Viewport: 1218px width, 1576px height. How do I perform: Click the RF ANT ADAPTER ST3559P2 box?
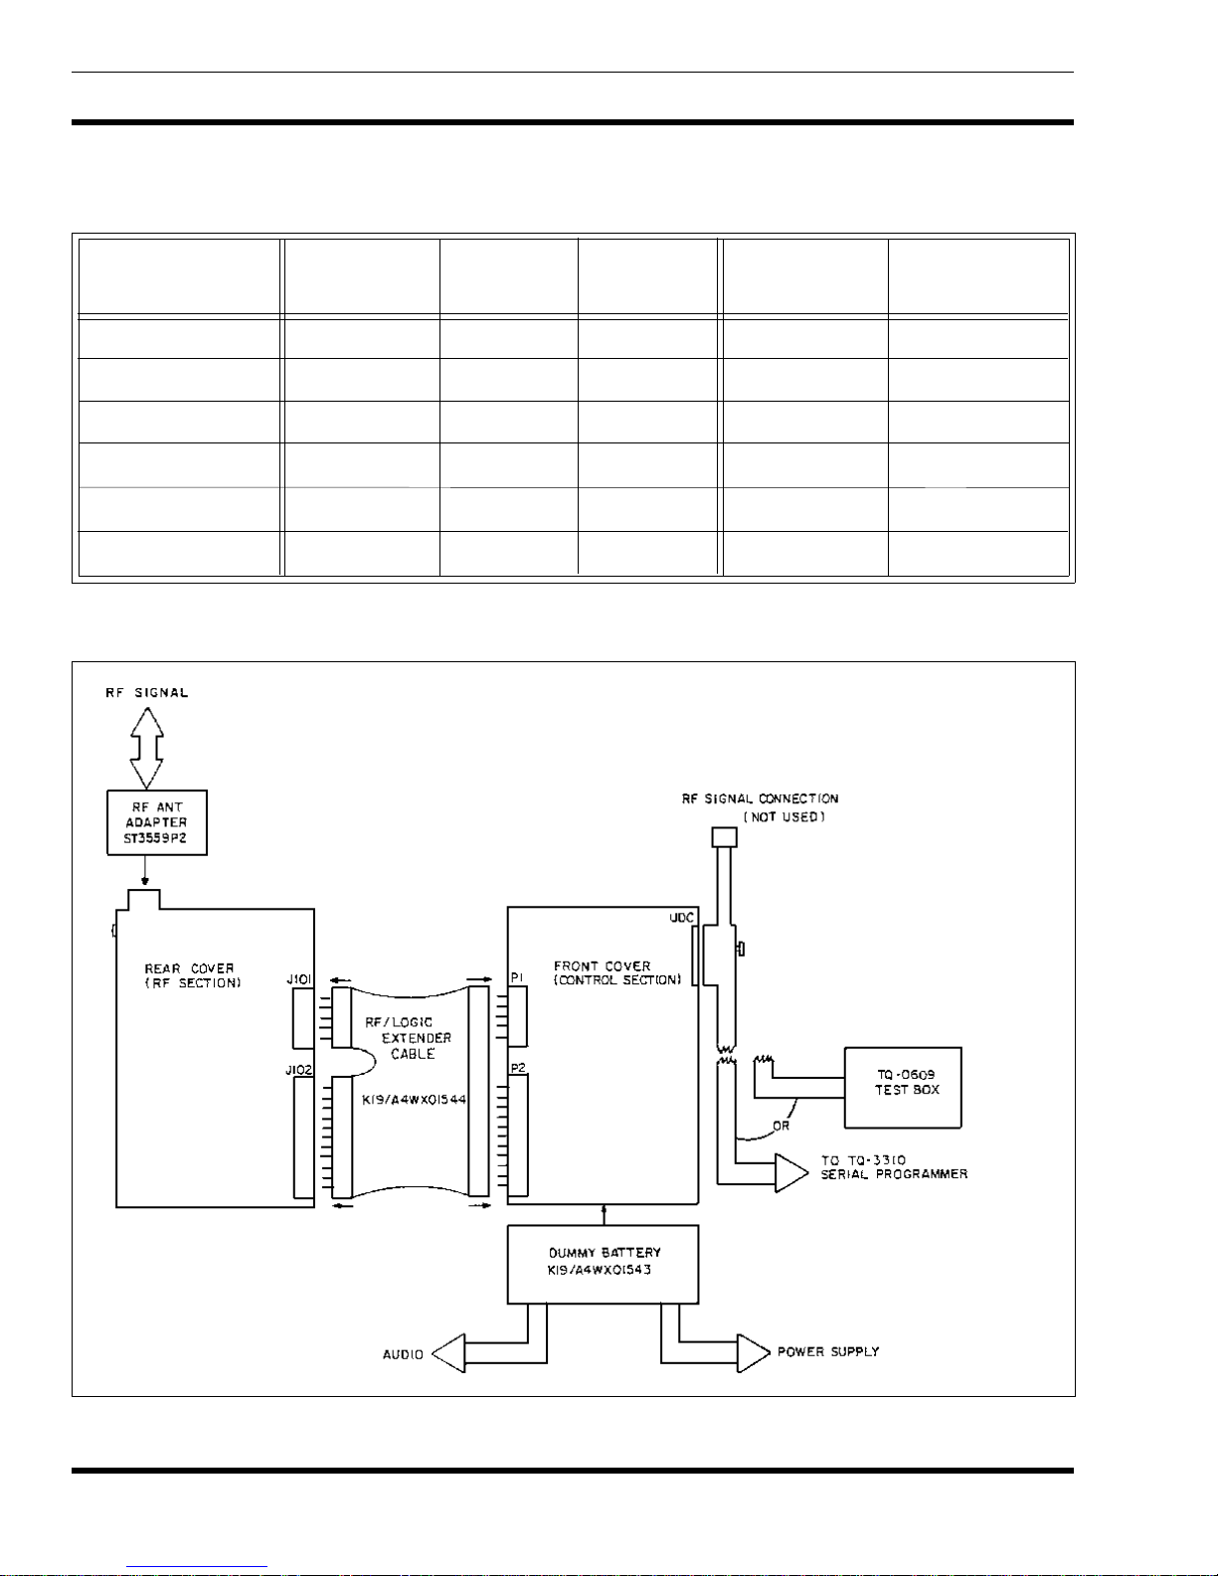click(157, 822)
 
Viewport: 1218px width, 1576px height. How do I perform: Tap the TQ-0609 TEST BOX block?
click(903, 1087)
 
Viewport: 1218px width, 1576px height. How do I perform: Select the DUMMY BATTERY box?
click(603, 1264)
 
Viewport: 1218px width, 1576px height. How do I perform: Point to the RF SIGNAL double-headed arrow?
click(146, 748)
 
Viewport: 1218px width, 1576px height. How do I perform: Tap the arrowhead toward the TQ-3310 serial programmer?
click(791, 1172)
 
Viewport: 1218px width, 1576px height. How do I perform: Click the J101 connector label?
click(298, 979)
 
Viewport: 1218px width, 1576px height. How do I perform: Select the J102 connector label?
click(298, 1070)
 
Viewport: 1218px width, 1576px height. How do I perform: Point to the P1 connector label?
click(517, 977)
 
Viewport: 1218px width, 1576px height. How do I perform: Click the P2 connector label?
click(518, 1068)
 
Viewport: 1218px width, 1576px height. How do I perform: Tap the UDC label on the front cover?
click(681, 918)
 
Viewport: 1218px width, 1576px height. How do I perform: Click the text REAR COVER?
click(189, 968)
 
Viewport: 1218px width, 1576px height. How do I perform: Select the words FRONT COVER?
click(602, 966)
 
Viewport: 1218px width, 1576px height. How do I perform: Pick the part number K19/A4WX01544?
click(414, 1100)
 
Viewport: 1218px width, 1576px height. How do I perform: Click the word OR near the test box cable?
click(781, 1127)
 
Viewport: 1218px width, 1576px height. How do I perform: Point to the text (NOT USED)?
click(784, 816)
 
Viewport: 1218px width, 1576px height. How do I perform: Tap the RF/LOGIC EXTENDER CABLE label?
click(409, 1038)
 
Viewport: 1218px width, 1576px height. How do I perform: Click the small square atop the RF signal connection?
click(724, 837)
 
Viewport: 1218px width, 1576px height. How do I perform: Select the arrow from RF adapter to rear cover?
click(145, 870)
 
